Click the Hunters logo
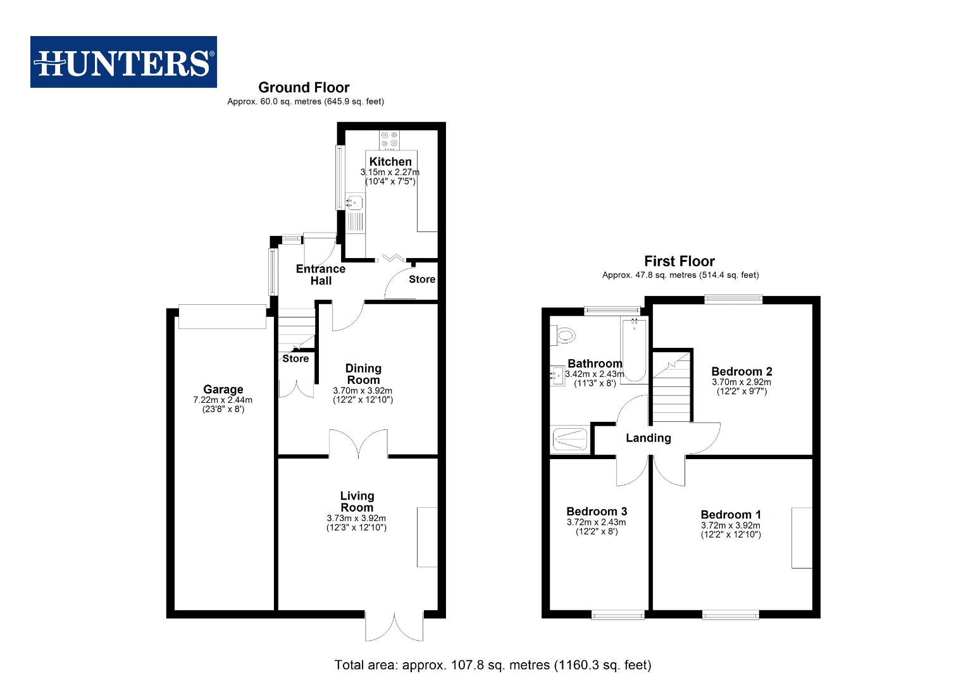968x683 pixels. [x=123, y=62]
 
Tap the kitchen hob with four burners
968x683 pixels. [x=388, y=139]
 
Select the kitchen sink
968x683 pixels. [x=355, y=202]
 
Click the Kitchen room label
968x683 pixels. [x=390, y=161]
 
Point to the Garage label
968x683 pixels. [x=223, y=390]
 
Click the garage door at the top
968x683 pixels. [x=222, y=316]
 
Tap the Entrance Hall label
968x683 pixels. [x=321, y=274]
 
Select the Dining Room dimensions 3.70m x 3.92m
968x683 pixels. [x=363, y=391]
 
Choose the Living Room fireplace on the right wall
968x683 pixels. [x=427, y=537]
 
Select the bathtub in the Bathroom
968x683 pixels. [x=634, y=350]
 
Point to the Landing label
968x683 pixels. [x=648, y=438]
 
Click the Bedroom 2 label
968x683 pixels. [x=742, y=371]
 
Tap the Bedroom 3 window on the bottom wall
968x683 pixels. [x=618, y=614]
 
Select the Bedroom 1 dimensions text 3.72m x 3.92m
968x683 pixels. [x=730, y=526]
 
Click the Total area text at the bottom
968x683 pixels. [x=492, y=665]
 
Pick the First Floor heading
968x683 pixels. [x=679, y=261]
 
